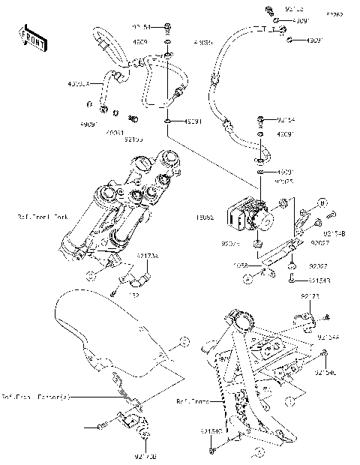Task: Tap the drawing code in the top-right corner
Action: click(x=334, y=14)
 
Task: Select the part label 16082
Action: click(x=205, y=217)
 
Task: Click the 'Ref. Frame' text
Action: click(x=191, y=401)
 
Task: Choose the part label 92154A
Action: click(x=329, y=338)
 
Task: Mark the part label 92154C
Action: click(x=326, y=373)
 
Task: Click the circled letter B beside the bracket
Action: click(x=322, y=203)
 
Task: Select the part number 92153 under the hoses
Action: click(x=133, y=139)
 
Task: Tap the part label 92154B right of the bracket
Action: click(x=334, y=233)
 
